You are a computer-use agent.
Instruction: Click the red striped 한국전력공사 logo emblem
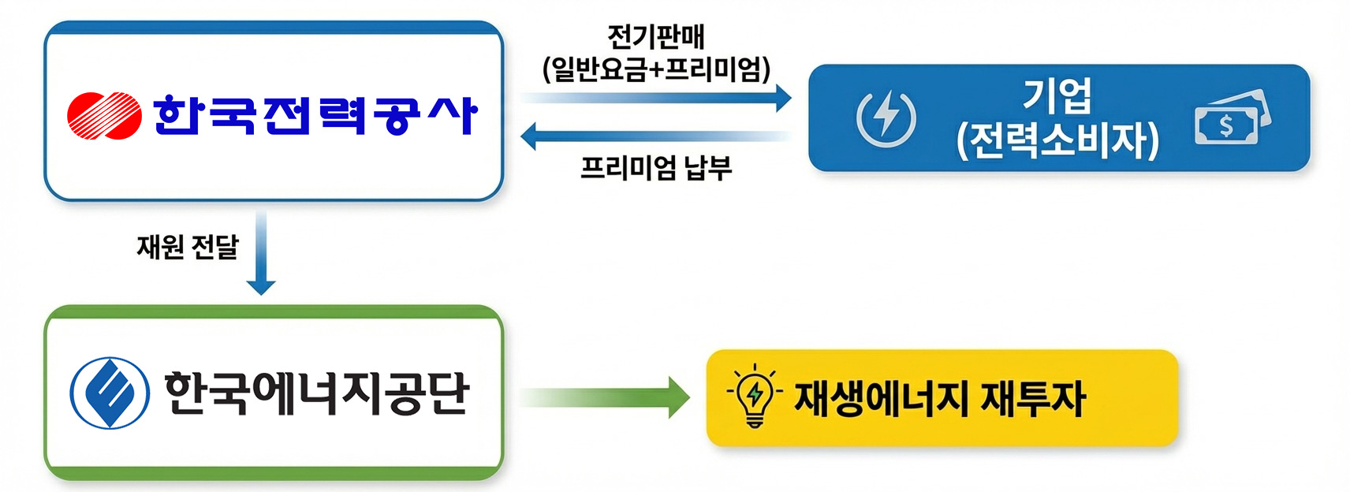pos(104,115)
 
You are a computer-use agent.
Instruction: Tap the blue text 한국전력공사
pos(315,115)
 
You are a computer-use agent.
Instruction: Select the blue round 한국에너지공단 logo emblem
pos(110,393)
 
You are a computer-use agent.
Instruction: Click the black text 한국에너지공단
pos(317,393)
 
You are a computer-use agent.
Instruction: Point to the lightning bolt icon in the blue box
pos(886,118)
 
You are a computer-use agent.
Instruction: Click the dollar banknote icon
pos(1232,120)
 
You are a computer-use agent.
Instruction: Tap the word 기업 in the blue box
pos(1057,95)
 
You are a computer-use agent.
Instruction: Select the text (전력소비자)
pos(1057,140)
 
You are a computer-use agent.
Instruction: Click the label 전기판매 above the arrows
pos(656,37)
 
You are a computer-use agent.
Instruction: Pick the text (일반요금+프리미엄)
pos(656,69)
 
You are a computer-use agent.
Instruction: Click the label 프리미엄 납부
pos(656,168)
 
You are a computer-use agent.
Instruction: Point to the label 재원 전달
pos(188,248)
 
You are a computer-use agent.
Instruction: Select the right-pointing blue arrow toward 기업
pos(654,98)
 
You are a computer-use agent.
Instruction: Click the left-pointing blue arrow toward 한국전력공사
pos(654,136)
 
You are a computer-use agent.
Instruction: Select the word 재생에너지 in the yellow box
pos(881,398)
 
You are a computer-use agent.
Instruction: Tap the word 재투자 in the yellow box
pos(1033,398)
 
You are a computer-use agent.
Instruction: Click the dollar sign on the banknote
pos(1226,125)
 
